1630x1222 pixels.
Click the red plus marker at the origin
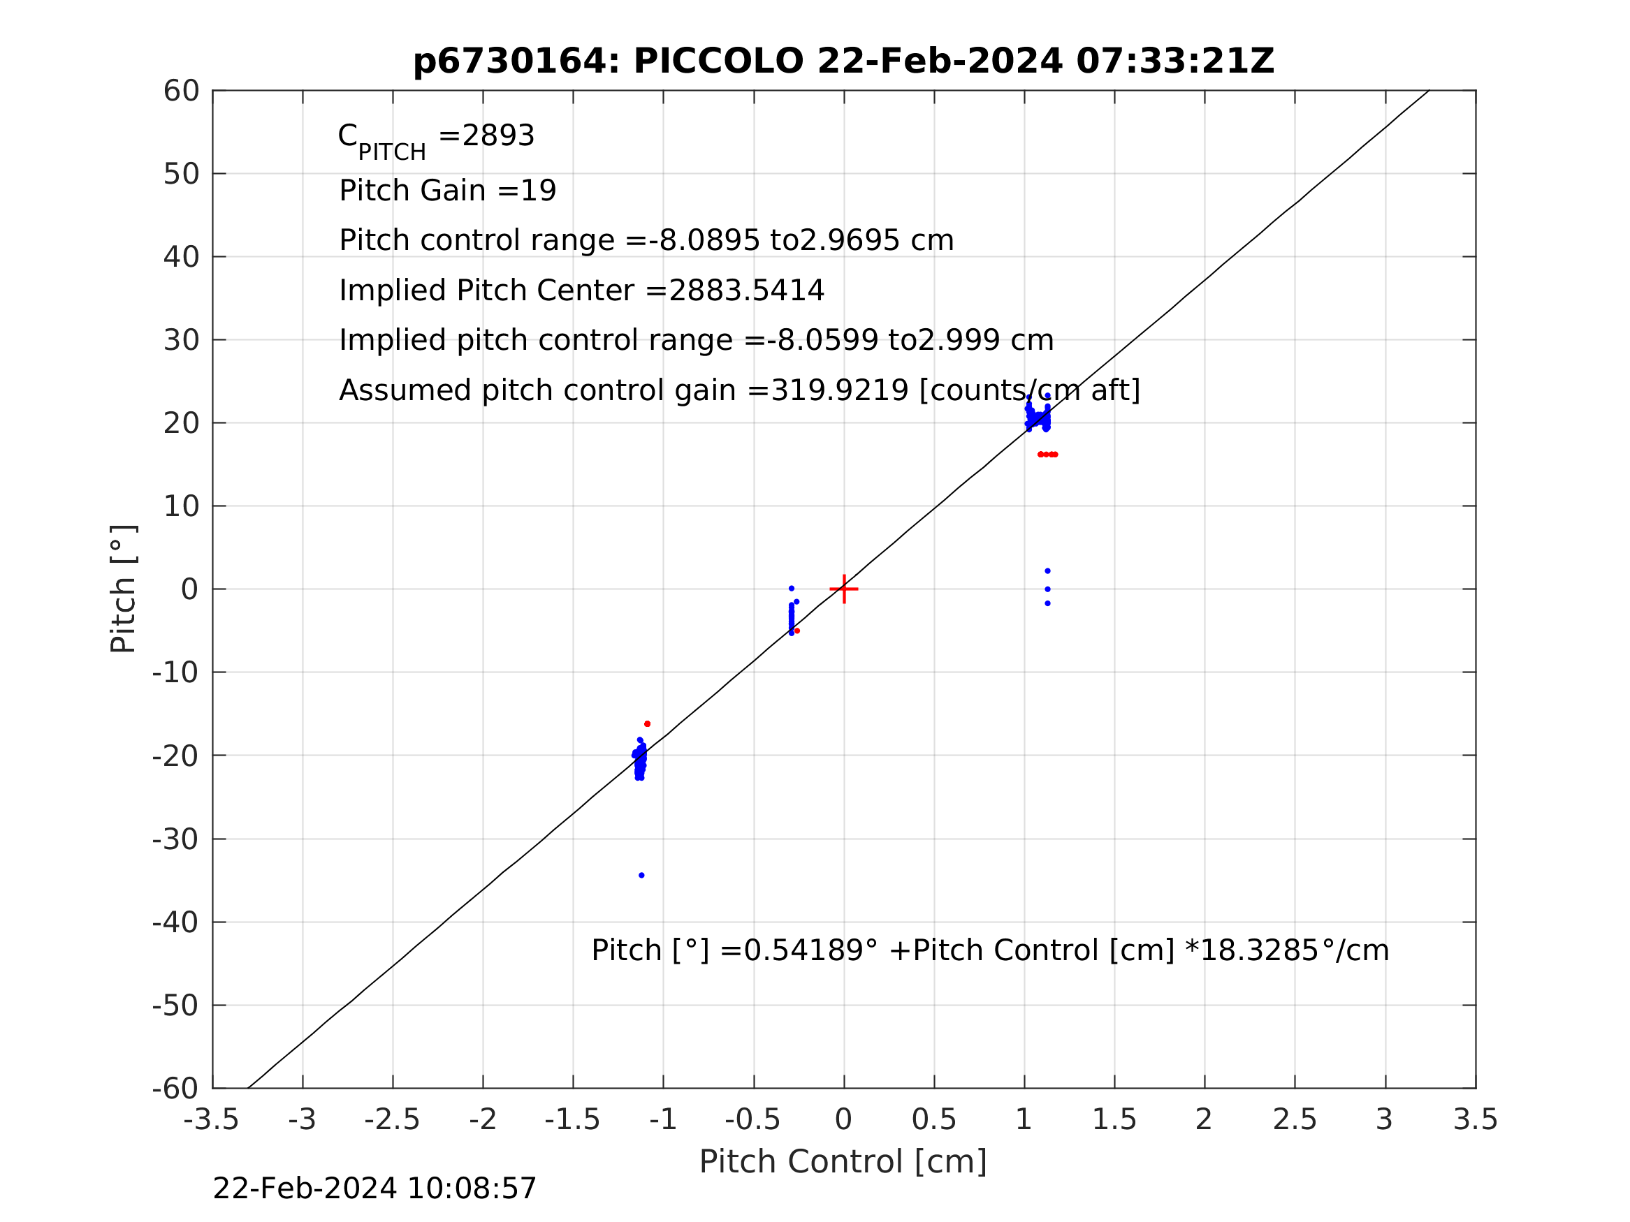click(844, 589)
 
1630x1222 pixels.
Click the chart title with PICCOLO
click(843, 61)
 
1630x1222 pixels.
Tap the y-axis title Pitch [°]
click(123, 589)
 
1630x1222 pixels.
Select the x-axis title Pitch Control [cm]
click(843, 1162)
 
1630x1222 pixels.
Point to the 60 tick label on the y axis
click(181, 91)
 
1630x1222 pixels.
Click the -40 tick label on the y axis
click(175, 922)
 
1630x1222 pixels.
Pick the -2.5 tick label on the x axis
click(392, 1119)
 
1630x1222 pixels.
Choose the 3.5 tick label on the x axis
click(1476, 1119)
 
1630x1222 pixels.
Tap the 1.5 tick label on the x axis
click(1114, 1119)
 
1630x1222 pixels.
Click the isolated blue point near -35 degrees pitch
click(642, 875)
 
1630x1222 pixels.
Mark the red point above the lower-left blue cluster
click(647, 724)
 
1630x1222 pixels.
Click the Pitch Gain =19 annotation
click(447, 191)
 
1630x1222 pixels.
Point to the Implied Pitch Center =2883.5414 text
click(581, 291)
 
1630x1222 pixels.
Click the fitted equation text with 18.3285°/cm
click(989, 951)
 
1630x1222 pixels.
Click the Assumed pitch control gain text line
click(739, 390)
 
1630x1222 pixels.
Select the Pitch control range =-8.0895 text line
click(646, 241)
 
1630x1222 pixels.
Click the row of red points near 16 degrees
click(1047, 455)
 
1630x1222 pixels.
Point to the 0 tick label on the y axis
click(189, 589)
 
